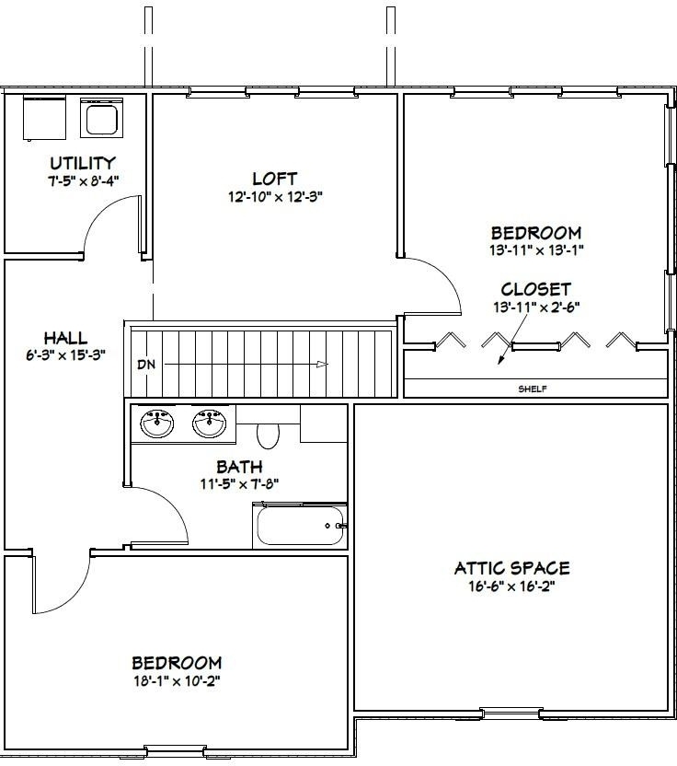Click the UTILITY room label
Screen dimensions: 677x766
tap(83, 163)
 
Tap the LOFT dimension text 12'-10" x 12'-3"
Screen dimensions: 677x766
tap(276, 197)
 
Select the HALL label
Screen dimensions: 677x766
tap(66, 338)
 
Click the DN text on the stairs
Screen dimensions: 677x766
tap(146, 364)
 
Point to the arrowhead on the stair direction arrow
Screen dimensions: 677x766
tap(322, 364)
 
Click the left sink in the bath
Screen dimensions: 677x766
tap(156, 424)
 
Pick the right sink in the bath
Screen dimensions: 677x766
tap(210, 424)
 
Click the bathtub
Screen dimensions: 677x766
tap(300, 525)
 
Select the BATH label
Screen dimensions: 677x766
tap(239, 467)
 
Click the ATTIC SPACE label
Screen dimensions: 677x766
tap(512, 568)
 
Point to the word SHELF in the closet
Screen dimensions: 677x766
tap(533, 389)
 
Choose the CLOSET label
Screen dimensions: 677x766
tap(535, 289)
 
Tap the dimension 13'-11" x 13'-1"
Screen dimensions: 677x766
tap(536, 250)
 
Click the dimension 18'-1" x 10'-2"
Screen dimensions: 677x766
tap(178, 680)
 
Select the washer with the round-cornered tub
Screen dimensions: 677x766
tap(101, 118)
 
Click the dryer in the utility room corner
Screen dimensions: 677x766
tap(44, 118)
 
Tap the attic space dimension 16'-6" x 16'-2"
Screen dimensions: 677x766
tap(512, 586)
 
